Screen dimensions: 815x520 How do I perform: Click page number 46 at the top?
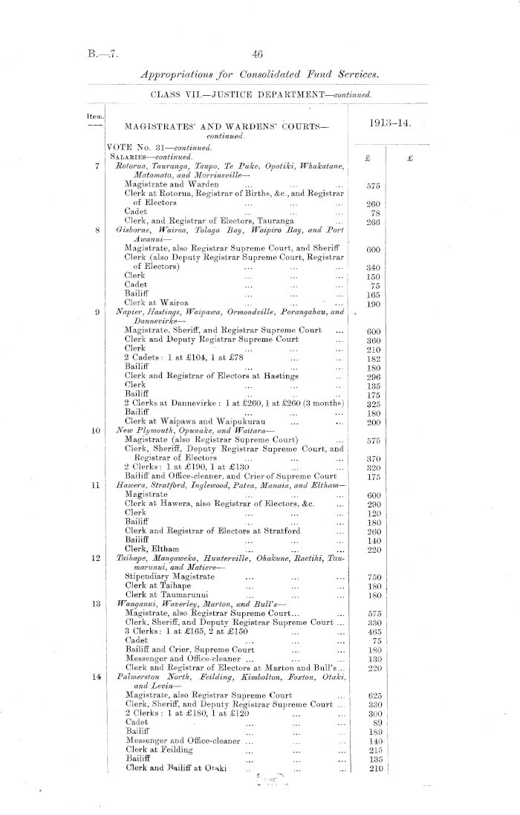pyautogui.click(x=259, y=53)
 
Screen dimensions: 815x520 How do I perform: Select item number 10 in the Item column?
pyautogui.click(x=97, y=431)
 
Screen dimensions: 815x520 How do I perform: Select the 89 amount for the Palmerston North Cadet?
pyautogui.click(x=376, y=721)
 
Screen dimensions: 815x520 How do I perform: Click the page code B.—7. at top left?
pyautogui.click(x=98, y=54)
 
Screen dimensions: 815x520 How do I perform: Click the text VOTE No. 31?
pyautogui.click(x=135, y=148)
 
